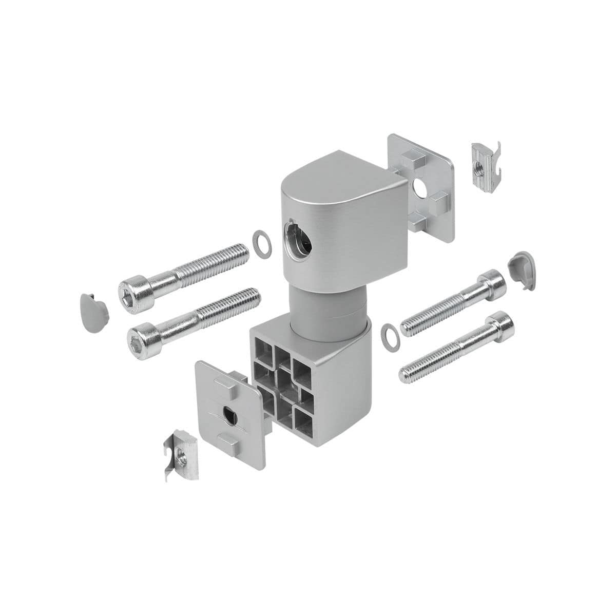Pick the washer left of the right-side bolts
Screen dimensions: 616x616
[x=391, y=334]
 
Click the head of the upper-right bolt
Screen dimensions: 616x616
[x=491, y=285]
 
